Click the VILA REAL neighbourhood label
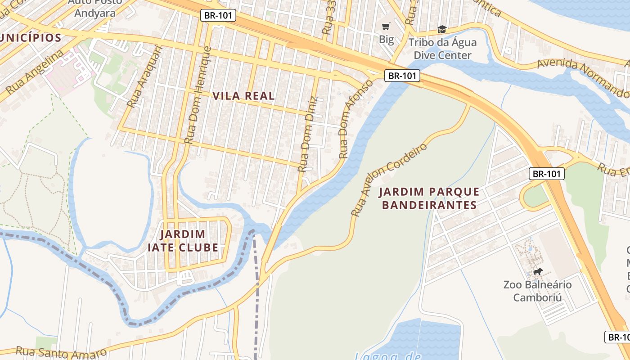coord(243,96)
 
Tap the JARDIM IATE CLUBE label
coord(183,241)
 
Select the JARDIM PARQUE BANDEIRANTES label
coord(428,198)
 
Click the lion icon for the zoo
coord(537,271)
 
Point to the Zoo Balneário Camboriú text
coord(537,291)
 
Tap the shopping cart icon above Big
coord(386,27)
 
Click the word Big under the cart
coord(386,39)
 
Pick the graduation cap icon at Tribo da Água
coord(442,30)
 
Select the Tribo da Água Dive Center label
coord(442,49)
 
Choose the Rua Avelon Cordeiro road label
coord(389,180)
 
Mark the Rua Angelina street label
coord(34,74)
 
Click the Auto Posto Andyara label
coord(95,8)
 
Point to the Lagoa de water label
coord(387,355)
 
